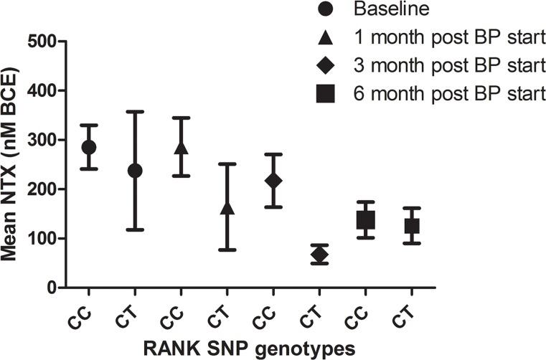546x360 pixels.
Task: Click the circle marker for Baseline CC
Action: pos(89,147)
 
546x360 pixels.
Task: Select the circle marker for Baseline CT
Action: pos(135,171)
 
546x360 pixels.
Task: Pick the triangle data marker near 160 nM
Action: pos(227,208)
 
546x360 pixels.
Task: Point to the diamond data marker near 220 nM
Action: pos(273,180)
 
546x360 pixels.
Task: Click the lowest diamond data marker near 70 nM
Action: pos(319,254)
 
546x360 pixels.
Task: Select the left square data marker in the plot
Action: pos(365,220)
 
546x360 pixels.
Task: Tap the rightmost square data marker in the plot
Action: pos(411,226)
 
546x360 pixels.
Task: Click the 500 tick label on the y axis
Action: pos(42,42)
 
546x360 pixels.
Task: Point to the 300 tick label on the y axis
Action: pos(42,141)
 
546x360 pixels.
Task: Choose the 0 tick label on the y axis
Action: pos(52,288)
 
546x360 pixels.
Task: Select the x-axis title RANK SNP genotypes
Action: pos(249,348)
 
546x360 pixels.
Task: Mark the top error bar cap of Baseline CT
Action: pos(135,112)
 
